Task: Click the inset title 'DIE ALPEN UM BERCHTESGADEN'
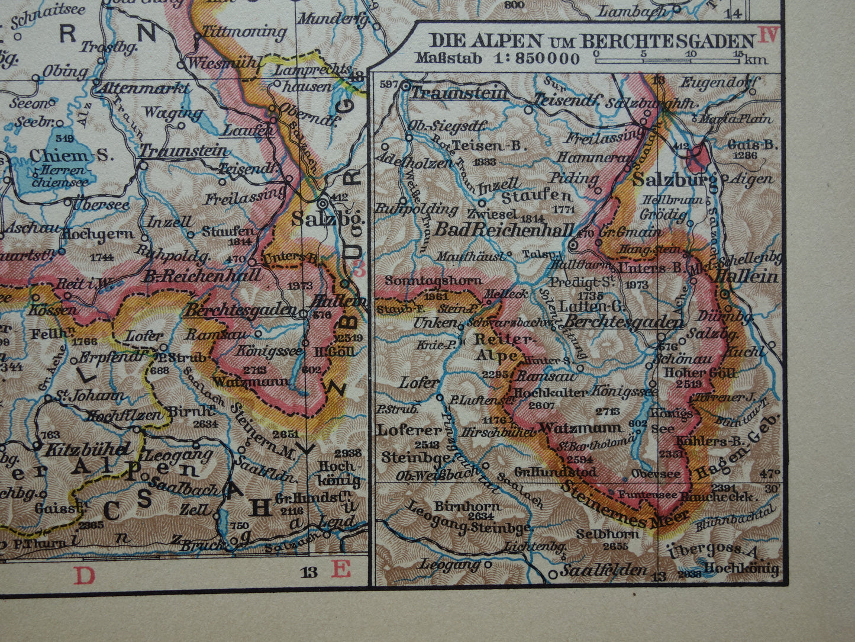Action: click(591, 41)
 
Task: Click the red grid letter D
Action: click(84, 574)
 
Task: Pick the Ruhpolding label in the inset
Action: click(416, 208)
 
